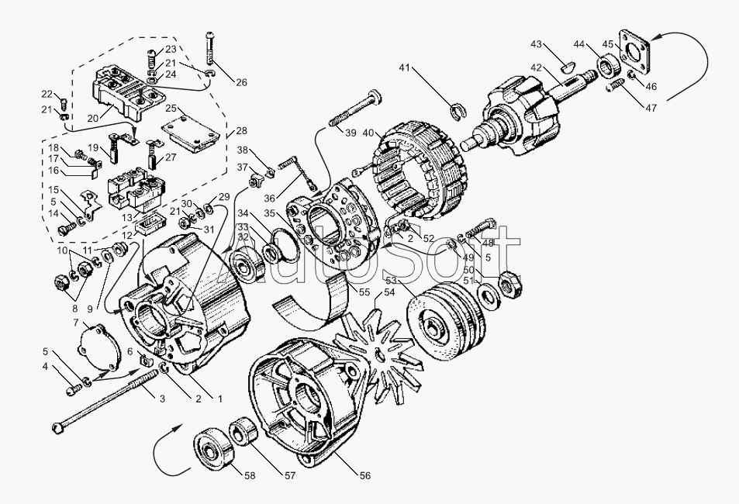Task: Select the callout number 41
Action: [x=404, y=67]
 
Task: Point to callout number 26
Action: [x=241, y=82]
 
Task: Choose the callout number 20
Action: [x=92, y=119]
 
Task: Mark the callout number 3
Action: [x=162, y=399]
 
